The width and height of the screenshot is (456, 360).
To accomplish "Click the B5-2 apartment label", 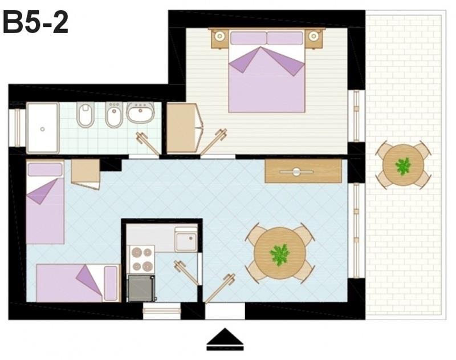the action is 35,23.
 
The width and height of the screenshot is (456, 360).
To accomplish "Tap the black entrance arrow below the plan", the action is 225,339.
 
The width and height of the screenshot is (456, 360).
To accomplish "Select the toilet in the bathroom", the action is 85,114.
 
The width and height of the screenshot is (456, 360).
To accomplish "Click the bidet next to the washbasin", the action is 115,114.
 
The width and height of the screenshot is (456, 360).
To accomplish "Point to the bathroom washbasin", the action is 141,112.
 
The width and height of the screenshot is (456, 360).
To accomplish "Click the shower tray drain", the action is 42,129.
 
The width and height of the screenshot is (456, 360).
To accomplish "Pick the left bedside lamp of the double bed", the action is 220,37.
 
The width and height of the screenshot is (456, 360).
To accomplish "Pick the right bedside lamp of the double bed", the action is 313,37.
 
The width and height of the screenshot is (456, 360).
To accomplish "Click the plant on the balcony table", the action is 403,166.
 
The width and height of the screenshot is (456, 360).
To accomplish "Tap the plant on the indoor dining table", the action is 280,254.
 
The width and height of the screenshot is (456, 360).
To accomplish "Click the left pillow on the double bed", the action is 249,38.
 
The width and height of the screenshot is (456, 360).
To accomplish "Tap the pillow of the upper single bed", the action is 45,169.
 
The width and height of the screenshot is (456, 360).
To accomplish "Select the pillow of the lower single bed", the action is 111,283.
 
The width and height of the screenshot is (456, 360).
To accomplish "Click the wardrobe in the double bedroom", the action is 182,128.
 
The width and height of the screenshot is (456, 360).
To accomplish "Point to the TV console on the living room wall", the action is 303,171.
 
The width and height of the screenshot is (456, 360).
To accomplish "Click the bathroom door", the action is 148,144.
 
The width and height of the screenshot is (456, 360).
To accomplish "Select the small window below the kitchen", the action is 162,311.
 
